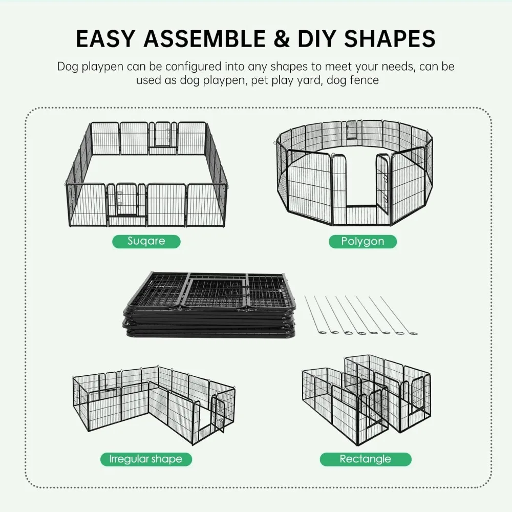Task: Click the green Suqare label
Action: [146, 241]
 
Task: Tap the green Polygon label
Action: [362, 241]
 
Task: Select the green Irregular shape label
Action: [146, 459]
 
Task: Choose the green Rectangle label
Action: [365, 459]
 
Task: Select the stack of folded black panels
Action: [210, 305]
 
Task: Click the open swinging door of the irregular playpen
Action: [220, 417]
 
